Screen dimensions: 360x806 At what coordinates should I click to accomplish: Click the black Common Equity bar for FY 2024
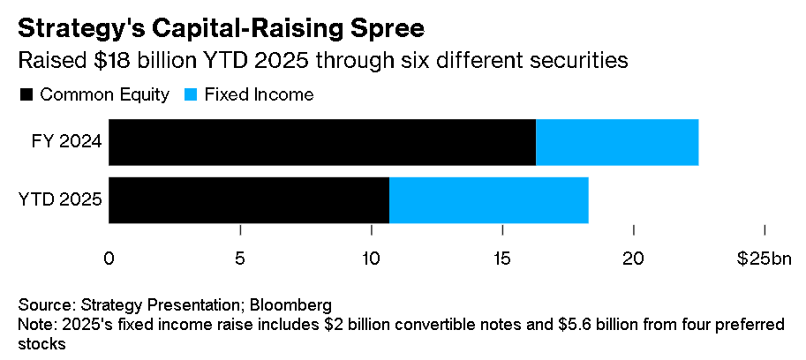(x=322, y=142)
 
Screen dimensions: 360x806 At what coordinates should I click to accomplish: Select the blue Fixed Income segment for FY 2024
(x=617, y=142)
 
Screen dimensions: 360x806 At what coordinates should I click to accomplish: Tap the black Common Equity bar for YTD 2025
(x=249, y=199)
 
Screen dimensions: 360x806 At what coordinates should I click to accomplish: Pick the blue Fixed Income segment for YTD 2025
(x=488, y=199)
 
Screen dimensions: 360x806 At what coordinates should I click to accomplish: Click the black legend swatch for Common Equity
(x=26, y=94)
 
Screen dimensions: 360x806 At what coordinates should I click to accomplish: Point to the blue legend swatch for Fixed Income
(x=191, y=94)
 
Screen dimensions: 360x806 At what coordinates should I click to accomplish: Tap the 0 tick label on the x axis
(x=109, y=259)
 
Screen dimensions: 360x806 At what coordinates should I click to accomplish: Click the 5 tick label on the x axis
(x=240, y=259)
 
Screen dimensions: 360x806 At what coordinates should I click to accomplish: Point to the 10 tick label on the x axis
(x=371, y=259)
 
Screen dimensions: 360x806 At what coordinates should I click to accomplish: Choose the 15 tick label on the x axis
(x=502, y=259)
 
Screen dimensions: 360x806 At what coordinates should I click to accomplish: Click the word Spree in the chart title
(x=385, y=28)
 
